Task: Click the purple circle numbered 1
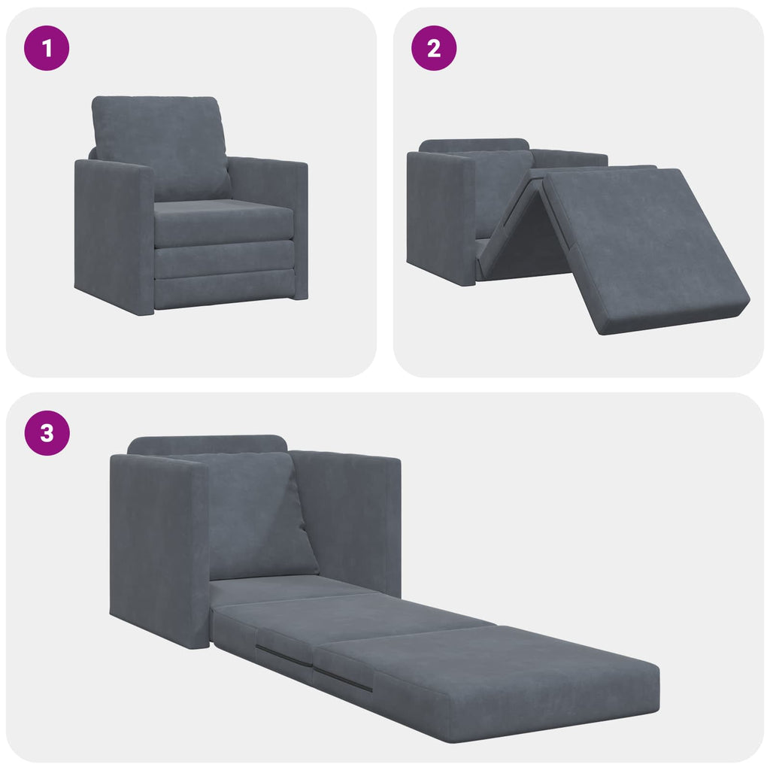click(47, 49)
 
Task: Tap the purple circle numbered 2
click(433, 49)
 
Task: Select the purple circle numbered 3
click(47, 433)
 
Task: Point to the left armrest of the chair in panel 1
click(113, 233)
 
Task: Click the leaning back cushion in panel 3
click(252, 515)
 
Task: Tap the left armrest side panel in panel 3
click(158, 549)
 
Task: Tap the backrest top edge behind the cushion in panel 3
click(207, 444)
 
